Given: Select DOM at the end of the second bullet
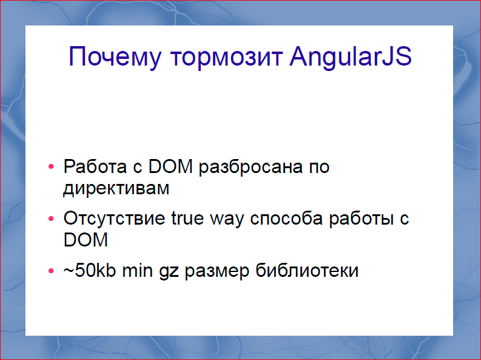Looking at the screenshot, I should [86, 240].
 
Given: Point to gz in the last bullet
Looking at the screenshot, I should [169, 271].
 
